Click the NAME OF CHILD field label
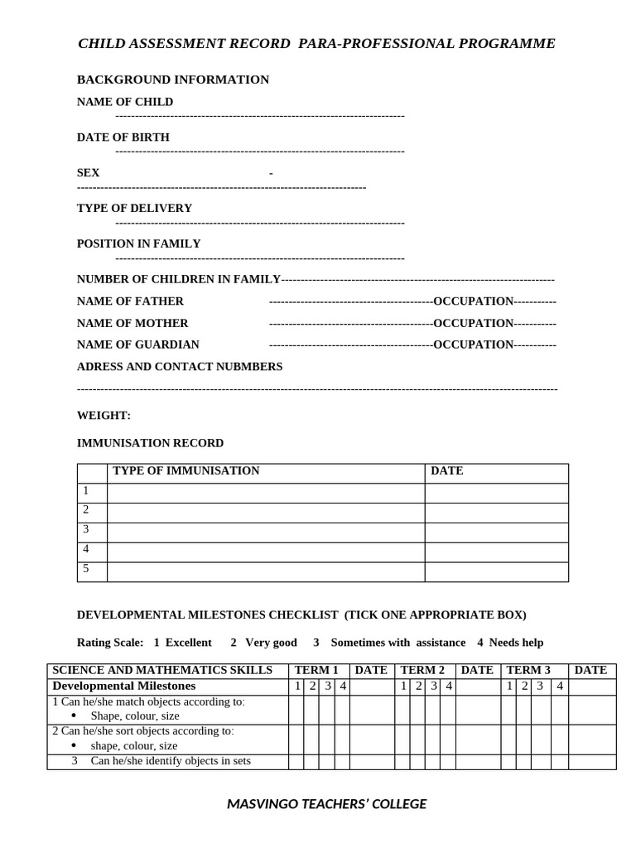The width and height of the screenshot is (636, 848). coord(125,102)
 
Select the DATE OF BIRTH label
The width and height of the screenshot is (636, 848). coord(123,137)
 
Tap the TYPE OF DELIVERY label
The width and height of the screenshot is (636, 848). coord(134,209)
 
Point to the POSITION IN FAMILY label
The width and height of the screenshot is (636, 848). coord(138,244)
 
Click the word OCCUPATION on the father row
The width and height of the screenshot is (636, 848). coord(473,301)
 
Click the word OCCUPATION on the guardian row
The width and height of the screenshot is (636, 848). coord(473,344)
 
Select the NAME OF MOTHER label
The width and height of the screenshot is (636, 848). coord(132,323)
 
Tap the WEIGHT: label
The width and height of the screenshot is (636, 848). coord(104,416)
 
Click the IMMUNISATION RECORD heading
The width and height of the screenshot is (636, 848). coord(150,443)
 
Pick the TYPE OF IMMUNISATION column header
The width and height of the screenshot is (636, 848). coord(185,471)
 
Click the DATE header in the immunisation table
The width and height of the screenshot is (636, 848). coord(447,471)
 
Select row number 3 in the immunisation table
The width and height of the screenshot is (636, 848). coord(86,529)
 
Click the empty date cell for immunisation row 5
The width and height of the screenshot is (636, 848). coord(496,572)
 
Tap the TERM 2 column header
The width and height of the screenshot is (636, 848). coord(422,670)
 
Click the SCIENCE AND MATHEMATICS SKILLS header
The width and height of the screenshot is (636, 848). coord(162,670)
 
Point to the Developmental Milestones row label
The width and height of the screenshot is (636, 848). coord(124,686)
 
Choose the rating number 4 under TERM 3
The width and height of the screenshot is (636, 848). coord(559,686)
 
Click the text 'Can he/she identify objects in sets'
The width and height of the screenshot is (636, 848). coord(171,761)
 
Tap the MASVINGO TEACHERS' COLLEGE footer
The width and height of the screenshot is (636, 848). coord(327,803)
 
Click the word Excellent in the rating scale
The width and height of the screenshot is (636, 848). coord(188,643)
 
